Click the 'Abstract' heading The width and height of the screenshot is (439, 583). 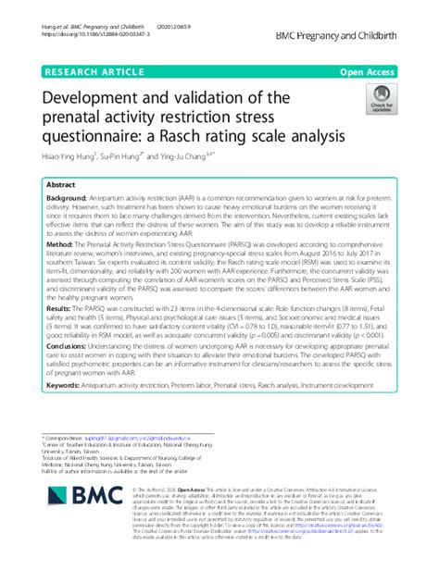64,184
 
